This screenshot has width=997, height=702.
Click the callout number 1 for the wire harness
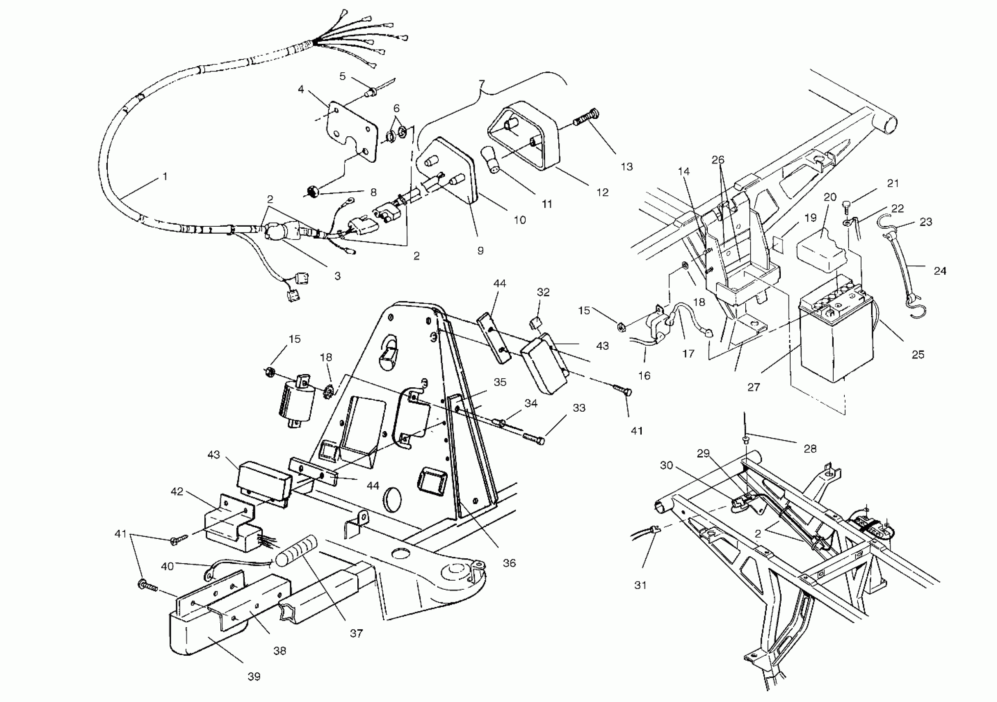pos(165,177)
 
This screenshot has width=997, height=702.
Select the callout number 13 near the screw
pos(626,166)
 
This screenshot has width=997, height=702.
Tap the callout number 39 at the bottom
pos(254,676)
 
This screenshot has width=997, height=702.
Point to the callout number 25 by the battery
pos(917,354)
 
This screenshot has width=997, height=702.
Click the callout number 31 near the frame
pos(640,585)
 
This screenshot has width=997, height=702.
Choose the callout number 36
pos(509,563)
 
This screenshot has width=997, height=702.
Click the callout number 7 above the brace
pos(481,83)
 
